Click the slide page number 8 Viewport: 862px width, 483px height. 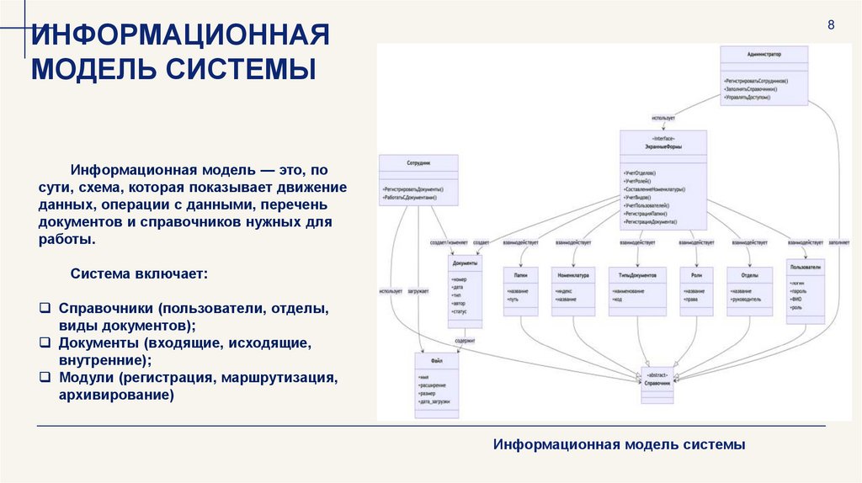(831, 24)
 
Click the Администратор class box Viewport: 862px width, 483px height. (764, 76)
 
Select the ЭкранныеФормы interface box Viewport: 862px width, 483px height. (663, 179)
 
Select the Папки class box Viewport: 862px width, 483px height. (520, 291)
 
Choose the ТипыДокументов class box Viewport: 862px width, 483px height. (637, 291)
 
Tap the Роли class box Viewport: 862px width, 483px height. (696, 291)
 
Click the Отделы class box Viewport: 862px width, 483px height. (749, 291)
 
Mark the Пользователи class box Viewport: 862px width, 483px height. (806, 291)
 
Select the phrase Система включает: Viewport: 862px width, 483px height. (139, 274)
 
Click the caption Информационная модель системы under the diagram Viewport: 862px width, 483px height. (620, 443)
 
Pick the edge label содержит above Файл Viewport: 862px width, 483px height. (465, 340)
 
